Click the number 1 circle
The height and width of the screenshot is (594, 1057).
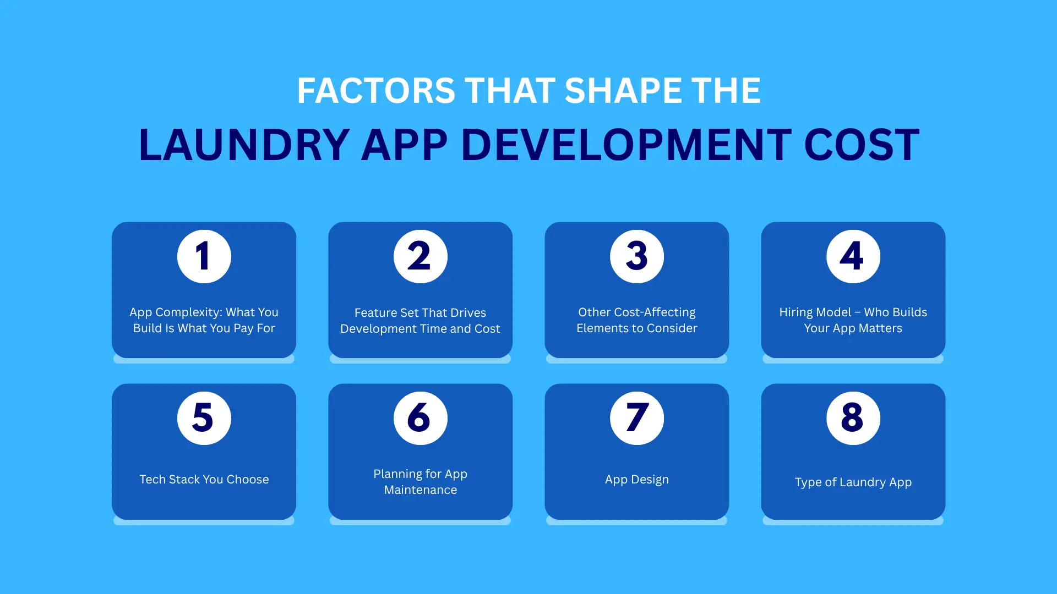coord(204,256)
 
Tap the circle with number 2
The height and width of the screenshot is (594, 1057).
coord(421,256)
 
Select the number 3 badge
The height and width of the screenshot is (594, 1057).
coord(637,256)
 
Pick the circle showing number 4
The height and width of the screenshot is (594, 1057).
coord(853,256)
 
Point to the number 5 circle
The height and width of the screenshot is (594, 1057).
coord(204,418)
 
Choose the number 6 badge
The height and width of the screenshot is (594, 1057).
coord(421,418)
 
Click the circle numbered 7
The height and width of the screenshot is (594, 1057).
coord(637,418)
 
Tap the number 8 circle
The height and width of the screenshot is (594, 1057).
coord(853,418)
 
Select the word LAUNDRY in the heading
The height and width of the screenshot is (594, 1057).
coord(244,145)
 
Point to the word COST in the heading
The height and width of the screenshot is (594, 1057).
coord(862,145)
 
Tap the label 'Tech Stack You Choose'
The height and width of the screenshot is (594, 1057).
coord(204,479)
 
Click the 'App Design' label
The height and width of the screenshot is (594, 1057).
coord(637,480)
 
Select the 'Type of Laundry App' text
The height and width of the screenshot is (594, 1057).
coord(853,482)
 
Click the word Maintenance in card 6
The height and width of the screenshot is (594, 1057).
coord(421,490)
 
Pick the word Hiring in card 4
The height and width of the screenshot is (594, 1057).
coord(797,312)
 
